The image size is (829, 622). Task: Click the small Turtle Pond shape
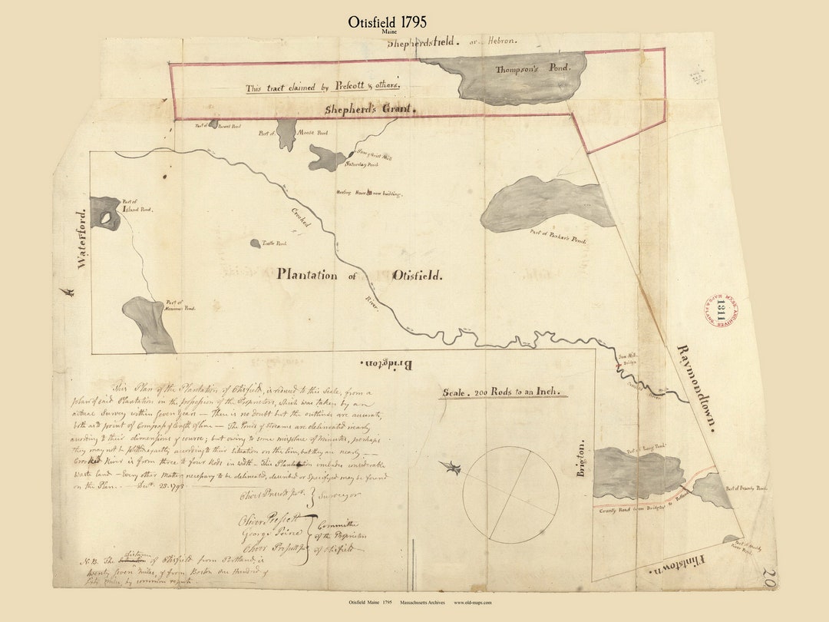[x=255, y=243]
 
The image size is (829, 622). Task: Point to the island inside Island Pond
[x=107, y=218]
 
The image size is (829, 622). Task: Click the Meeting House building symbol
[x=369, y=193]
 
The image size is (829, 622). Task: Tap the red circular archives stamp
[x=719, y=310]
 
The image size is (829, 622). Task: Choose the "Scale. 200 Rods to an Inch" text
[x=504, y=392]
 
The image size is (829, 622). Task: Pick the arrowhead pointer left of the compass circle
[x=451, y=467]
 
